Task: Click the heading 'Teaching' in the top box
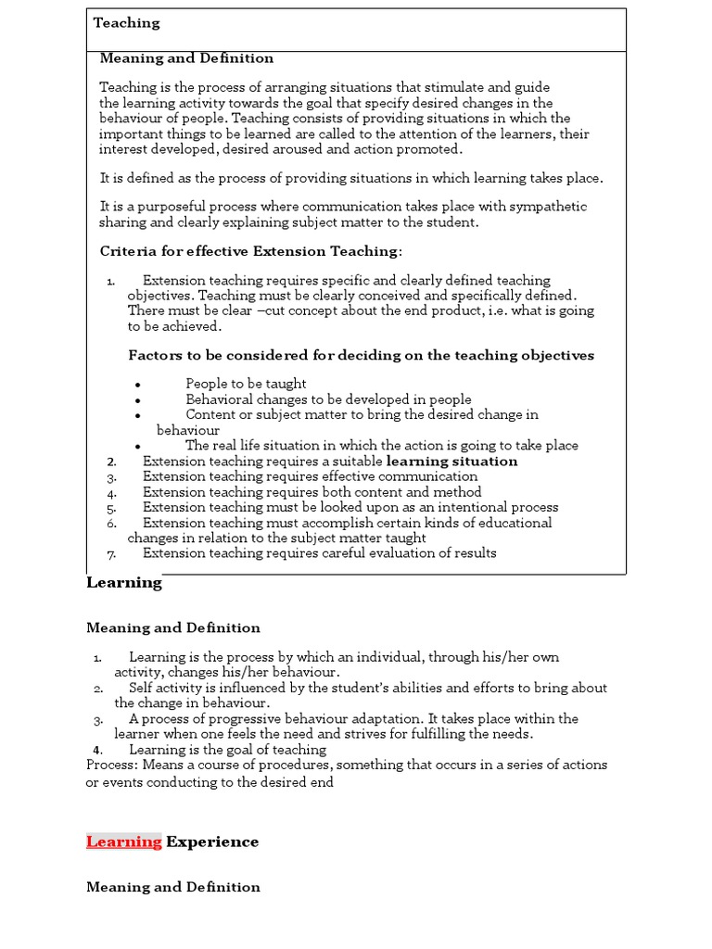(x=126, y=23)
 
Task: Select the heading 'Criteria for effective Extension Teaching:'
(x=251, y=251)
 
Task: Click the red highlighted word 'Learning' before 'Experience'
(x=124, y=841)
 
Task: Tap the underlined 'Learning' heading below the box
(x=124, y=582)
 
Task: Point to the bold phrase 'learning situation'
(x=451, y=461)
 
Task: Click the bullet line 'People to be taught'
(x=246, y=384)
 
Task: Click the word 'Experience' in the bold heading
(x=212, y=841)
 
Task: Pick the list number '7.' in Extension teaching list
(x=111, y=554)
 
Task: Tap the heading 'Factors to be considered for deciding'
(x=361, y=355)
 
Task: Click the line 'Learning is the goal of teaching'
(x=227, y=749)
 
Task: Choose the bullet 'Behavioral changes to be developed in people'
(x=328, y=399)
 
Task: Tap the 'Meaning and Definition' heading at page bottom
(x=173, y=887)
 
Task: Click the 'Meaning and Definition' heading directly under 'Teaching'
(x=186, y=58)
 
